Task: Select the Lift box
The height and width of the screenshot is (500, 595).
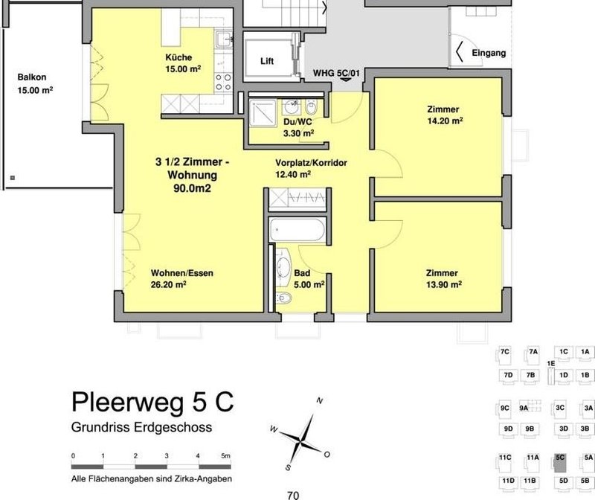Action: (266, 62)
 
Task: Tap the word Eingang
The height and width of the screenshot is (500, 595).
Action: (489, 54)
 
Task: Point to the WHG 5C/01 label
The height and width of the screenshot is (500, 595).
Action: (337, 73)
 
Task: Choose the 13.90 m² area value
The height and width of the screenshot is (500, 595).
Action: (443, 284)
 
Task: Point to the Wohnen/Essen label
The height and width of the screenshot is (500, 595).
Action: (181, 273)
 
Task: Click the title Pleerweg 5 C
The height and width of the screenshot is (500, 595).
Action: (152, 402)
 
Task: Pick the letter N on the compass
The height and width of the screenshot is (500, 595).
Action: (319, 400)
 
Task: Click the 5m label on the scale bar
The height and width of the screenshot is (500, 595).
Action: (226, 455)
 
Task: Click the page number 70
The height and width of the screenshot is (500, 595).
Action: (292, 493)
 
